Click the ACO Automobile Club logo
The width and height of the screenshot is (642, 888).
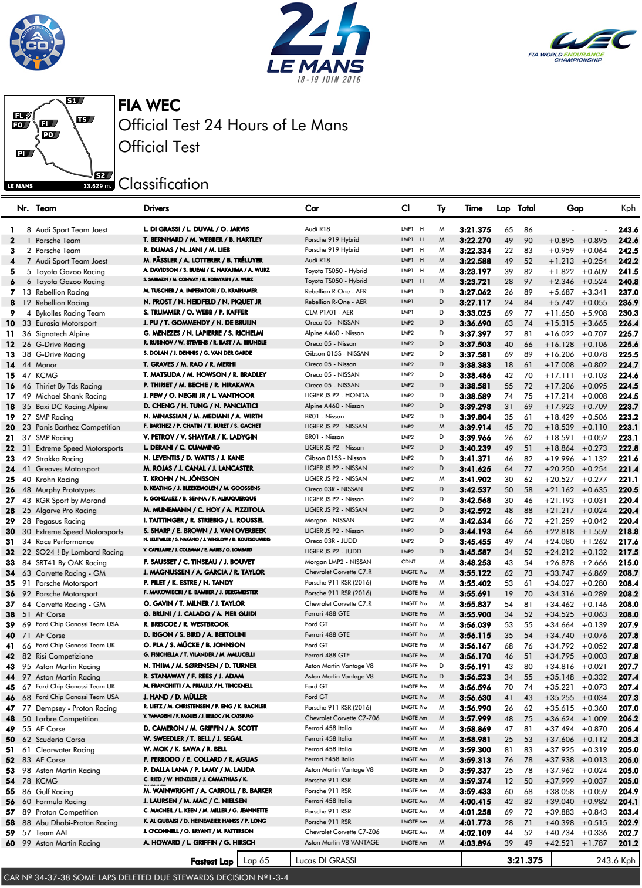38,42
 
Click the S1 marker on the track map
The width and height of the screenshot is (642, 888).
72,101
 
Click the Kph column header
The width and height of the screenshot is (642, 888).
628,208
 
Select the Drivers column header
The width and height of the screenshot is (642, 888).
156,208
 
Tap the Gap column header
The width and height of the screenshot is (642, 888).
575,208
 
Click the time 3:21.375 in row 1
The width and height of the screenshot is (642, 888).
475,230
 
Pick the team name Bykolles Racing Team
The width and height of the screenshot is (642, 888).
70,313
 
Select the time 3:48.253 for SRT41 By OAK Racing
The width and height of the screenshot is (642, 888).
475,563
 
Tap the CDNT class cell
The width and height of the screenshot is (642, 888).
408,562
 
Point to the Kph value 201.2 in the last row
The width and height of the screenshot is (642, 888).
628,843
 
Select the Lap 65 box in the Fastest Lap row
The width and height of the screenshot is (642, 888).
256,860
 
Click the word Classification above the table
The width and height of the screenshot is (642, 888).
163,184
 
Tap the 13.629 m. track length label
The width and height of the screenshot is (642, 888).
97,186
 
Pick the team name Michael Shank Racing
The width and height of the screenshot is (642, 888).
71,396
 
